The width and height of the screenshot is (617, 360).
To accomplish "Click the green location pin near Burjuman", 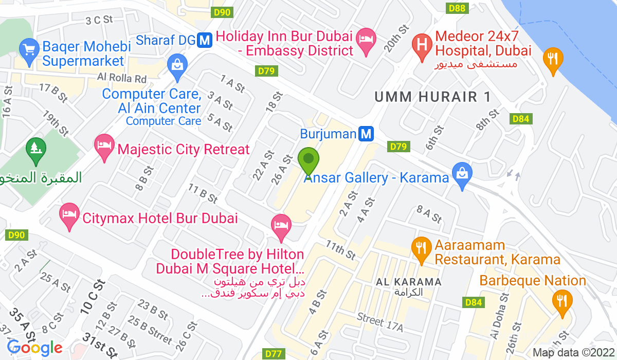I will coord(308,160).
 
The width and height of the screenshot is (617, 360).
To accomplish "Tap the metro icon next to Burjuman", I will coord(366,134).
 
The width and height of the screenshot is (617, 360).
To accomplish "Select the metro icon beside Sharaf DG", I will coord(205,40).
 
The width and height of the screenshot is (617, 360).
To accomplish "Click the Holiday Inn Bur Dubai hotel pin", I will coord(366,41).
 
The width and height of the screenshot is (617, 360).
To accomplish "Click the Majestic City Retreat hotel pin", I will coord(105,146).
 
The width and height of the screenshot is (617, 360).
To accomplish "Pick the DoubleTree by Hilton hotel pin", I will coord(281,226).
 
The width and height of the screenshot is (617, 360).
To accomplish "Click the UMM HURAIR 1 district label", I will coord(432,96).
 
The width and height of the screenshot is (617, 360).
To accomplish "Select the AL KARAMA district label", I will coord(409,282).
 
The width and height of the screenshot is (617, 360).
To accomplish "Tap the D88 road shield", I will coord(456,8).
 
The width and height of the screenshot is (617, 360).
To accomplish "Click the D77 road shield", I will coord(274,354).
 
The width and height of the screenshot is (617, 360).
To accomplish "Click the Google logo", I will coord(34,348).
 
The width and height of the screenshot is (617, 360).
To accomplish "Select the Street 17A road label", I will coord(380,323).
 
